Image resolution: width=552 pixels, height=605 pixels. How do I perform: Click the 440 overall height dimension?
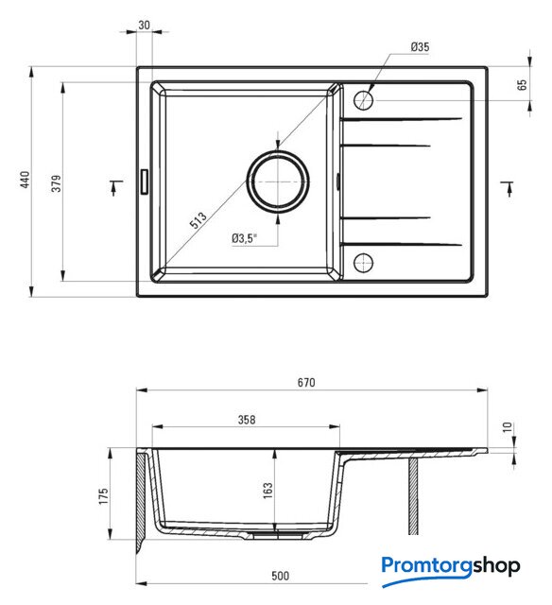tap(25, 180)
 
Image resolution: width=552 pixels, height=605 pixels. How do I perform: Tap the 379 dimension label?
tap(57, 183)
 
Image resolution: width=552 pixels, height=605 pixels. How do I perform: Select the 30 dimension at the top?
tap(144, 26)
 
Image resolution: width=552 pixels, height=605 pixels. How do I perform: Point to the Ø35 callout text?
tap(420, 47)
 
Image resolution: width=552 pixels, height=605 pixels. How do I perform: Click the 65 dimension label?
tap(522, 85)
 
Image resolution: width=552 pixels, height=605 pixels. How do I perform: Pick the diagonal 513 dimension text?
tap(198, 220)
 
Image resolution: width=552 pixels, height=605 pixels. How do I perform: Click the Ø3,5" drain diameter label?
tap(244, 238)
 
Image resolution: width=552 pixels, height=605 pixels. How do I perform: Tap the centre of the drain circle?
tap(278, 181)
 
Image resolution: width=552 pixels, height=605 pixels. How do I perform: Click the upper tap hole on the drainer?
tap(363, 100)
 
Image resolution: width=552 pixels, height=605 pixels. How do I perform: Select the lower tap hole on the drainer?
tap(363, 263)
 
